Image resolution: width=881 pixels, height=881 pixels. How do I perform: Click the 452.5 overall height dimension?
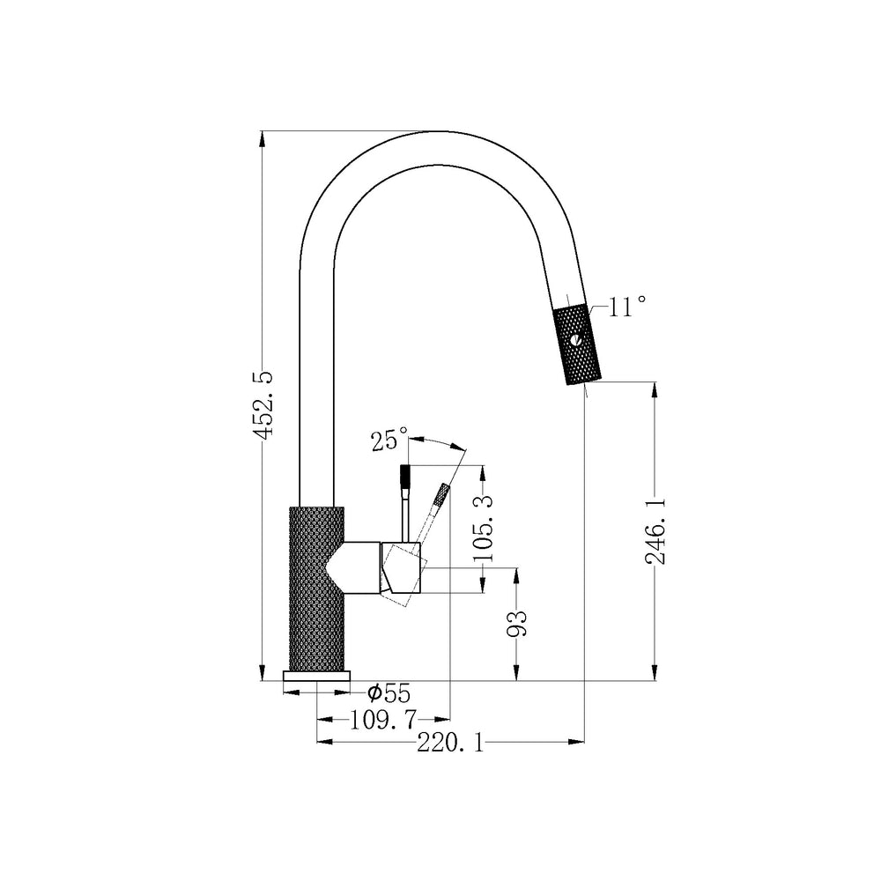click(x=263, y=404)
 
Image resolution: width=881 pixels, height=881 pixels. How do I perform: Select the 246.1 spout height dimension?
click(x=655, y=531)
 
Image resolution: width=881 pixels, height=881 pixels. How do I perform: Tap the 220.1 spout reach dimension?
click(x=450, y=744)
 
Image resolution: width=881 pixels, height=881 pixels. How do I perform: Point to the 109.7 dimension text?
click(x=384, y=719)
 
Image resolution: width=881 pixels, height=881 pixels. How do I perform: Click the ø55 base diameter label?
click(x=389, y=693)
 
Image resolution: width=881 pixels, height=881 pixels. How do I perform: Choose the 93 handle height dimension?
click(x=517, y=623)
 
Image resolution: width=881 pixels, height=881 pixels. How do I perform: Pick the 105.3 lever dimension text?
click(x=483, y=528)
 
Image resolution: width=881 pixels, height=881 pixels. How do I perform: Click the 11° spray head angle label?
click(x=626, y=307)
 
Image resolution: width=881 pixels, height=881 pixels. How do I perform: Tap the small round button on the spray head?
click(x=576, y=340)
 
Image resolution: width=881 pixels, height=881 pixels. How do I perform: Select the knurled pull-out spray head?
click(x=578, y=344)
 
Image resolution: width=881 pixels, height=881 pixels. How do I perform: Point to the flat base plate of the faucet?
click(x=317, y=676)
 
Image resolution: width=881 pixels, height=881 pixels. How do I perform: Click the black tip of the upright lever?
click(x=405, y=476)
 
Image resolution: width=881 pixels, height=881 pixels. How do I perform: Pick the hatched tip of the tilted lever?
click(x=443, y=494)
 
